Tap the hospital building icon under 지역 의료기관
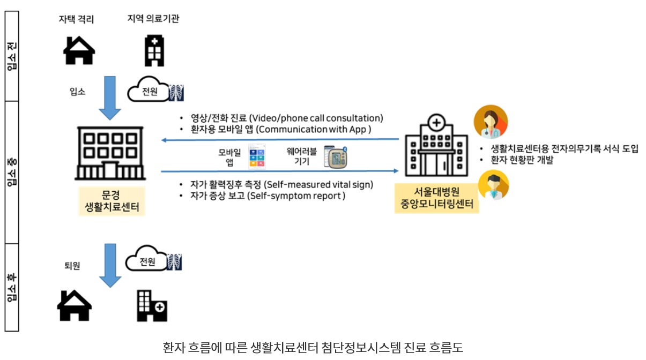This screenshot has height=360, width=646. pyautogui.click(x=154, y=50)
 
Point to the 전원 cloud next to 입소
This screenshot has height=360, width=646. pyautogui.click(x=150, y=92)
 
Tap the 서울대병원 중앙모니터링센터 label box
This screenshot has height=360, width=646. pyautogui.click(x=436, y=198)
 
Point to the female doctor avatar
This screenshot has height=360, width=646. pyautogui.click(x=490, y=122)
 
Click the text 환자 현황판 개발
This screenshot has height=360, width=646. pyautogui.click(x=523, y=160)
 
